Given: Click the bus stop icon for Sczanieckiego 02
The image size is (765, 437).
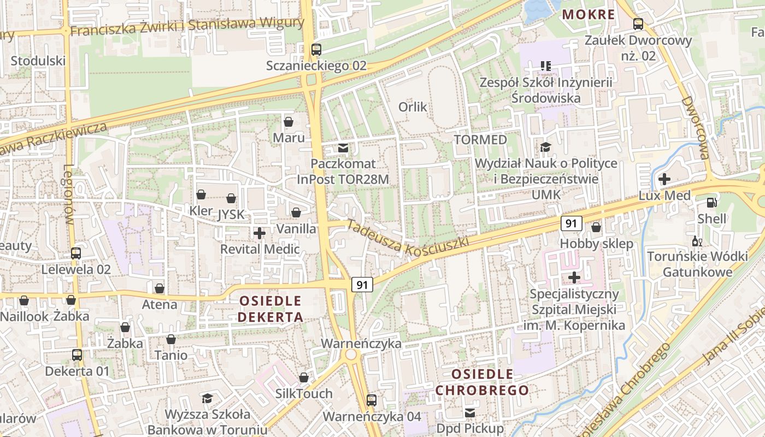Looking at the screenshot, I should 316,49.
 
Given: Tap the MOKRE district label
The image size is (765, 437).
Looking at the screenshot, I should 589,14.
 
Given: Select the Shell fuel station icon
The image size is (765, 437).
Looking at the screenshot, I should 711,202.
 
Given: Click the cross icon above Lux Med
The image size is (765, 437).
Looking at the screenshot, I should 664,179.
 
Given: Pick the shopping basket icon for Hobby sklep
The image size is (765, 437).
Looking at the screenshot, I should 596,227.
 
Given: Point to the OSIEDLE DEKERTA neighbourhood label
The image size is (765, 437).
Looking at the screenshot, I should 271,309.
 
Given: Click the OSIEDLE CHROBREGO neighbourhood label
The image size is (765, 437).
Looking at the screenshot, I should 482,382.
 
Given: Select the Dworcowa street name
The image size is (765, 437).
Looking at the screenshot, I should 695,128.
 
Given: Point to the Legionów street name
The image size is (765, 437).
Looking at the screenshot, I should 68,194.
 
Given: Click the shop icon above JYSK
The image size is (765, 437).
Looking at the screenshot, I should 231,198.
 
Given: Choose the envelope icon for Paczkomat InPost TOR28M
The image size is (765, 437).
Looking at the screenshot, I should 343,147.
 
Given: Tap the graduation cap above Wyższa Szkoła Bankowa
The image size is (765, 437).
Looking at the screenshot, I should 207,398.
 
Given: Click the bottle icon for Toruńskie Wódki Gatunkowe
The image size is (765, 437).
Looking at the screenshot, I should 697,241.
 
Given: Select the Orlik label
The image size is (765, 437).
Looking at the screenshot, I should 413,107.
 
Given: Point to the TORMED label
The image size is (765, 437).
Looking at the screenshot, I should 481,140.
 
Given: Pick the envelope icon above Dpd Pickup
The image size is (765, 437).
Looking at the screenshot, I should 470,413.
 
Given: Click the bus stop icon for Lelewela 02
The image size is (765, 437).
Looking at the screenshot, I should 76,253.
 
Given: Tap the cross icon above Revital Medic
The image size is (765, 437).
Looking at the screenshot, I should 260,233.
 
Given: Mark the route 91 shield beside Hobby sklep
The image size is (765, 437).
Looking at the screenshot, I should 571,223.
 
